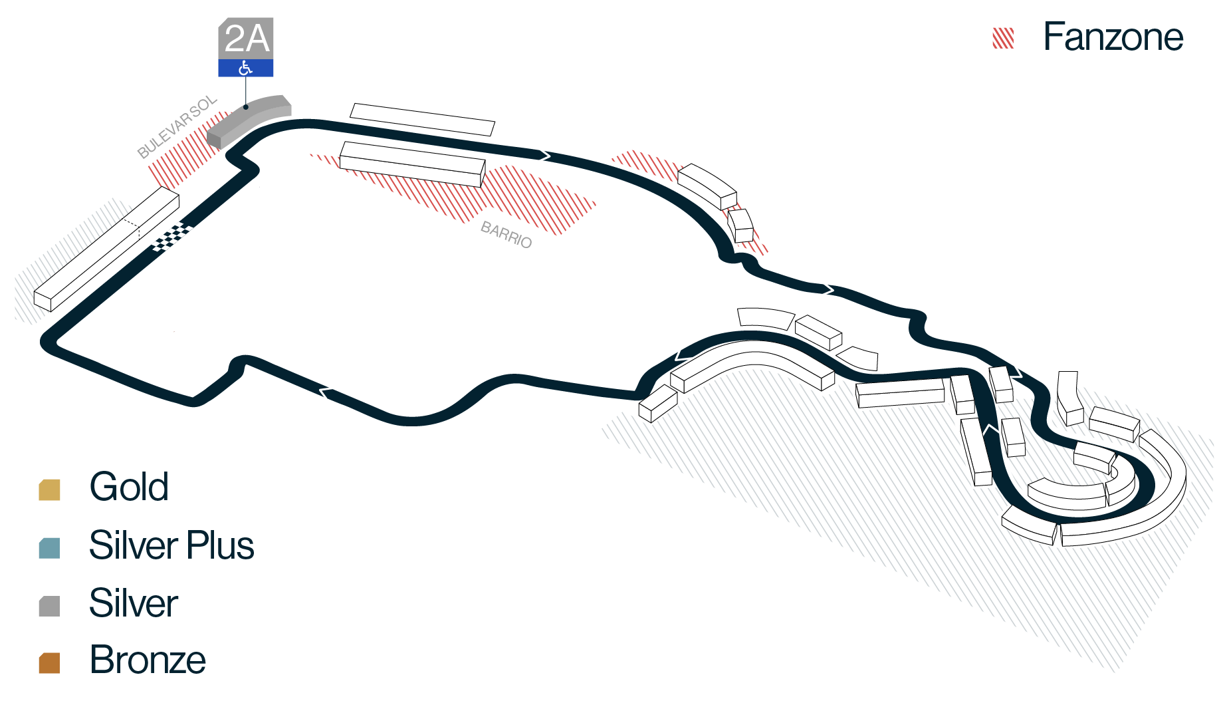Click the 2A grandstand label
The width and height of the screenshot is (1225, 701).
tap(246, 38)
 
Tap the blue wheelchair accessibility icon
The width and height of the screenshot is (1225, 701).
tap(246, 68)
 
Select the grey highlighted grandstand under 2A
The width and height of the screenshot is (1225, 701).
tap(249, 120)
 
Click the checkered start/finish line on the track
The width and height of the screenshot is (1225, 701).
tap(172, 237)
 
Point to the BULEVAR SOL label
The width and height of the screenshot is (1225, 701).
tap(177, 126)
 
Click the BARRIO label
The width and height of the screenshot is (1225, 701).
tap(506, 235)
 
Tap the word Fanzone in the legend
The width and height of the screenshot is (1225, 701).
tap(1113, 37)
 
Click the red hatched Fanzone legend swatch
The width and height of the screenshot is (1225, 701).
tap(1003, 39)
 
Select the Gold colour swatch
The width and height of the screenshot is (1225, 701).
tap(50, 490)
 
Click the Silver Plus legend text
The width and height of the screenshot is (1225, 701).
tap(171, 545)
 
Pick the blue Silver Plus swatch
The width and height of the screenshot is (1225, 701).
tap(50, 548)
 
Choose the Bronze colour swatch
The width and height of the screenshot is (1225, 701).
tap(50, 662)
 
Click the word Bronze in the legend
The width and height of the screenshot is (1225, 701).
tap(148, 660)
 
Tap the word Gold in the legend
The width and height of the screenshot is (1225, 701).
tap(129, 487)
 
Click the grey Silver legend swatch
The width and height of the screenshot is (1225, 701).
tap(50, 606)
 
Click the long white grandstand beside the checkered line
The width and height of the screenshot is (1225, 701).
tap(106, 249)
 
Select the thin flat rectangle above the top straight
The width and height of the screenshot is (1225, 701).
tap(423, 120)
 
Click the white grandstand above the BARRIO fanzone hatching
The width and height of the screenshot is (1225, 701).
tap(413, 164)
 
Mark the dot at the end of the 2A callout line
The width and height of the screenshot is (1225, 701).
tap(246, 107)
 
